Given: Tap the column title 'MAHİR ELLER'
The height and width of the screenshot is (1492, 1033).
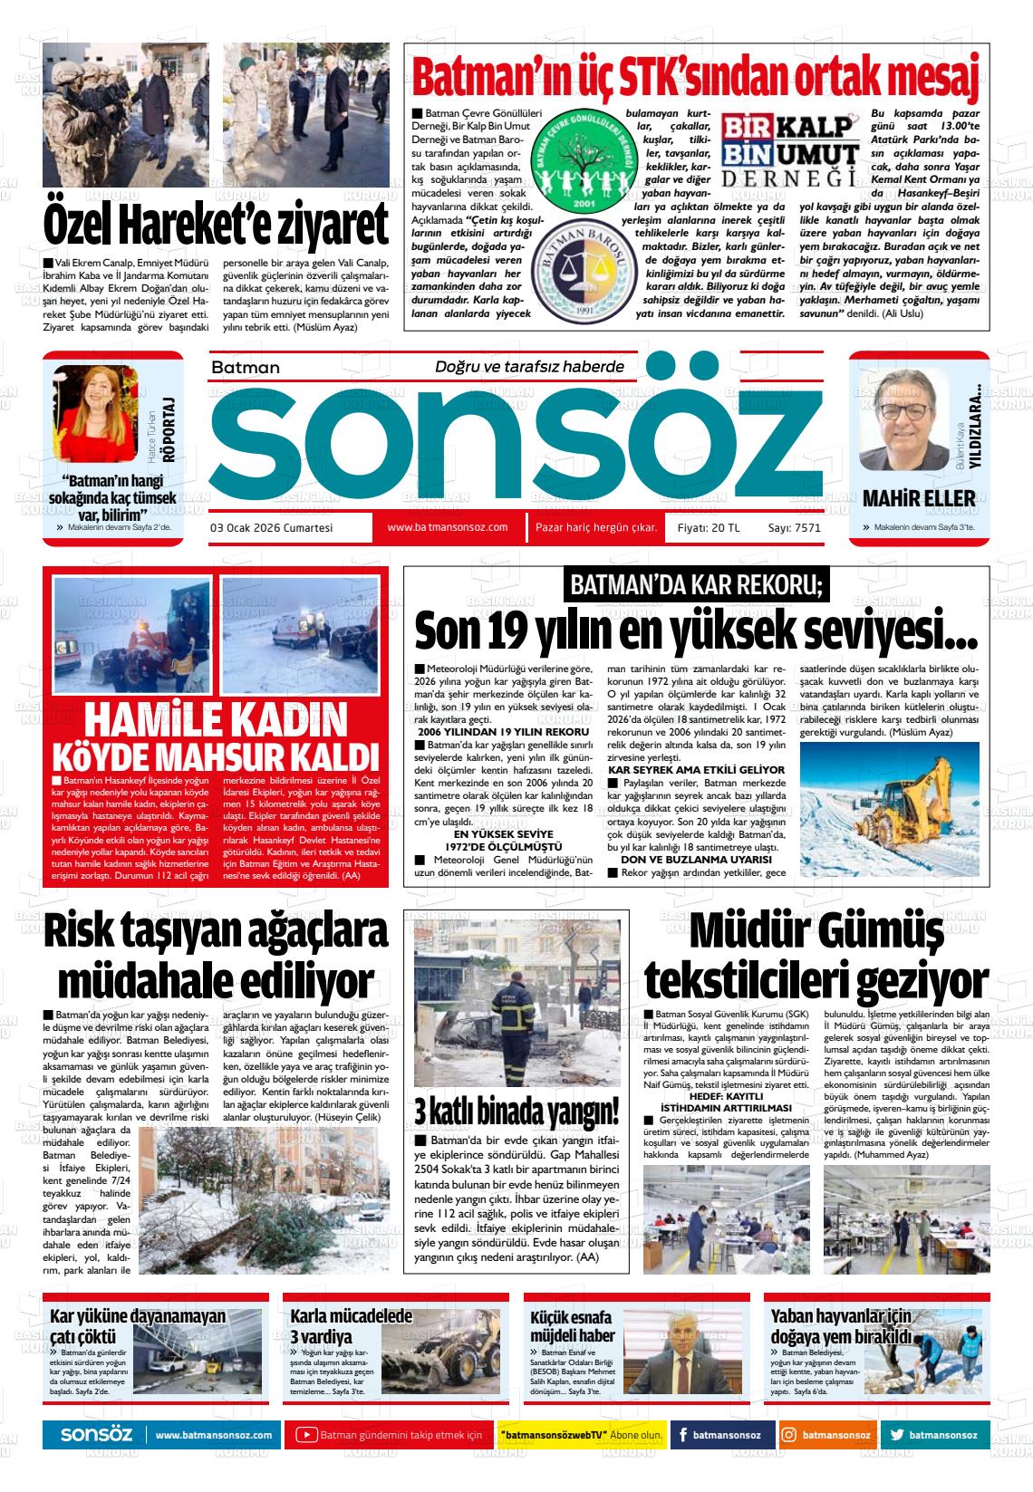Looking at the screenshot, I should coord(919,498).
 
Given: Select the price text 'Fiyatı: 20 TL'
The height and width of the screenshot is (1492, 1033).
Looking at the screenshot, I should coord(709,528).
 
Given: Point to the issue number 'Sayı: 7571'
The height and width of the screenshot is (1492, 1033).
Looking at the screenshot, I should coord(794,528).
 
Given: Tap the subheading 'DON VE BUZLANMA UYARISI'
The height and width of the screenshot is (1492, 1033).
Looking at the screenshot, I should coord(696,858).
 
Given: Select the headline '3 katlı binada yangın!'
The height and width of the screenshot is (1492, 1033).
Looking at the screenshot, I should coord(516,1110).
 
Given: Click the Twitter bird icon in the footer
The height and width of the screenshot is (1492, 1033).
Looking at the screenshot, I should coord(896,1435).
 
